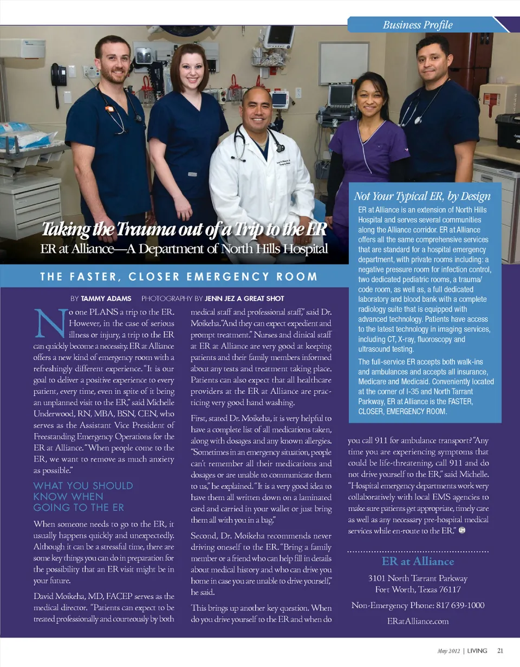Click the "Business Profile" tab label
point(417,24)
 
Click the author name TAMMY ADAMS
point(102,299)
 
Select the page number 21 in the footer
point(500,650)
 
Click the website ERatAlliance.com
point(418,621)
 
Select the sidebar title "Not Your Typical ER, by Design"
point(422,196)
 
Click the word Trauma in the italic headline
point(143,230)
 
